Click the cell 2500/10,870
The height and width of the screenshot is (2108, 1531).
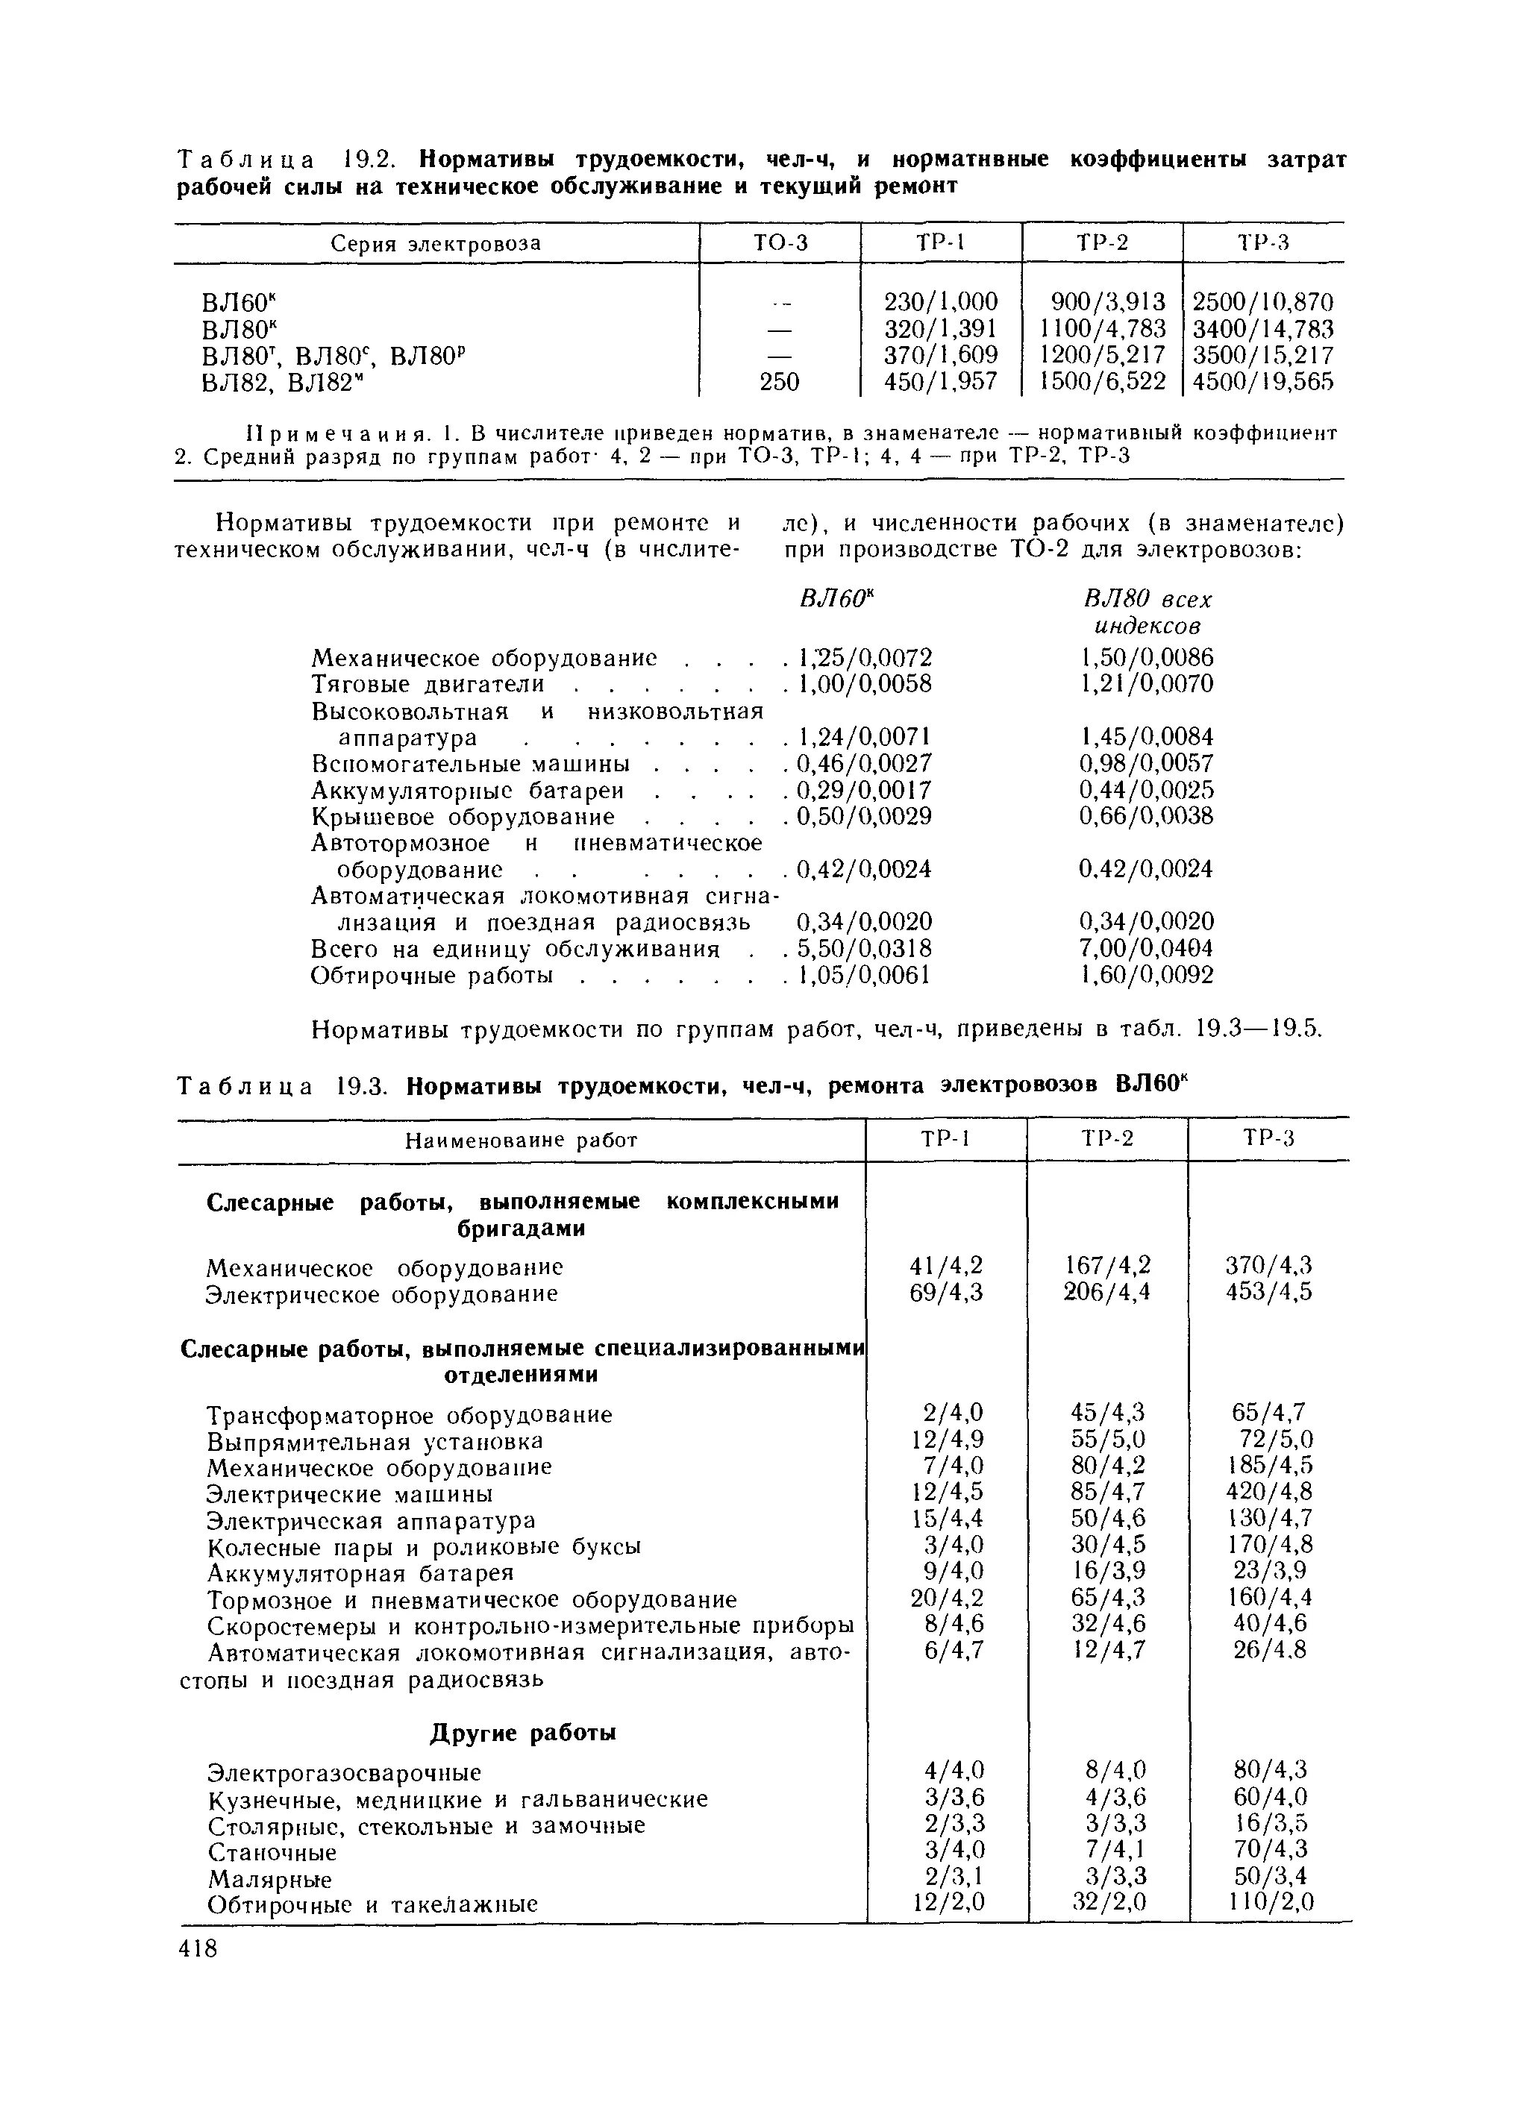[x=1262, y=302]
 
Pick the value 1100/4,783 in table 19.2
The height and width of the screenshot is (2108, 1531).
[x=1103, y=328]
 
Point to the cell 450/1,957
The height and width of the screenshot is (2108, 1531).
[x=941, y=381]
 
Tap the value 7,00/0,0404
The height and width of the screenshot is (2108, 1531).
[x=1146, y=949]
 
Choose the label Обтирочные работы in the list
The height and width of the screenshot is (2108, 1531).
[x=432, y=976]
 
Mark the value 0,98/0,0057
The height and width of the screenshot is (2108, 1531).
[x=1146, y=764]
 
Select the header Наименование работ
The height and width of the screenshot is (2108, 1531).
[x=522, y=1141]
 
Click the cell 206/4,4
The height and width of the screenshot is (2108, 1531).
[x=1107, y=1292]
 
